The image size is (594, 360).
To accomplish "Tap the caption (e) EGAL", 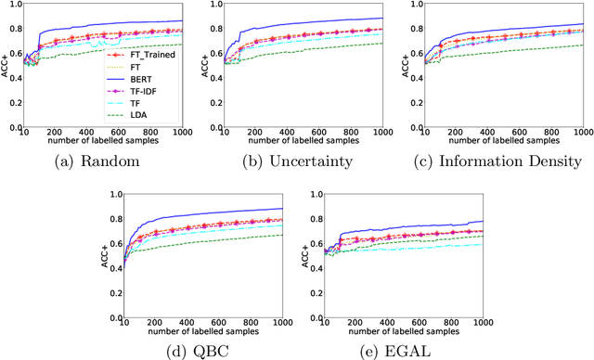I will pyautogui.click(x=396, y=350).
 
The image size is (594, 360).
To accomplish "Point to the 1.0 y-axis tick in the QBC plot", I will pyautogui.click(x=120, y=193).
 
